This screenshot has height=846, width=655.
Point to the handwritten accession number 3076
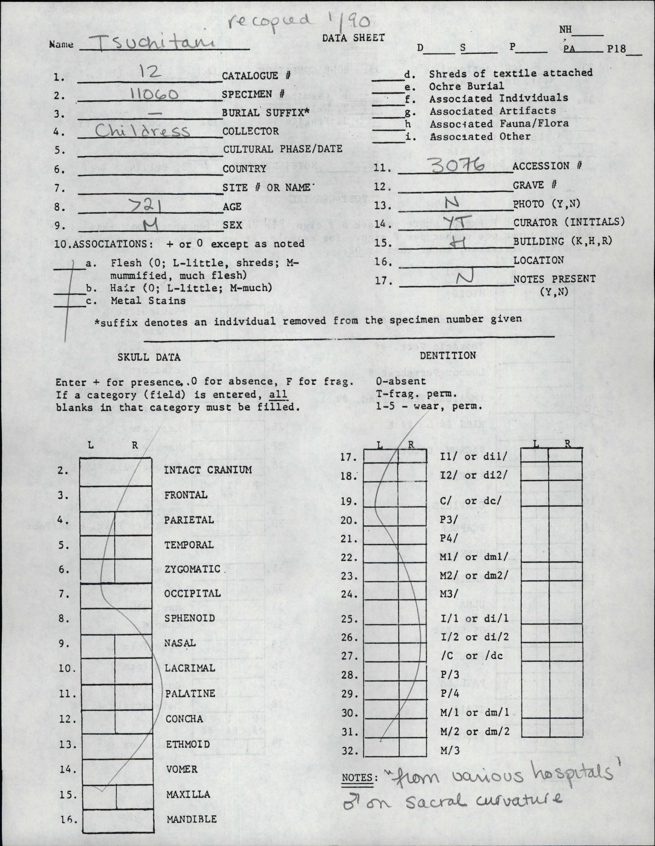pos(458,167)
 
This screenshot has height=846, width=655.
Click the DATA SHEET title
pos(353,38)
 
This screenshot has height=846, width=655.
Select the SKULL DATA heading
pos(149,357)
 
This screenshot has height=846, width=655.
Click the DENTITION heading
pos(448,355)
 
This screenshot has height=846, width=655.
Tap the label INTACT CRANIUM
pos(208,470)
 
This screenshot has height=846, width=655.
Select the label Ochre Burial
pos(466,86)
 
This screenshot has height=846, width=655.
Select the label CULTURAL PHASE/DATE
pos(283,149)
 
